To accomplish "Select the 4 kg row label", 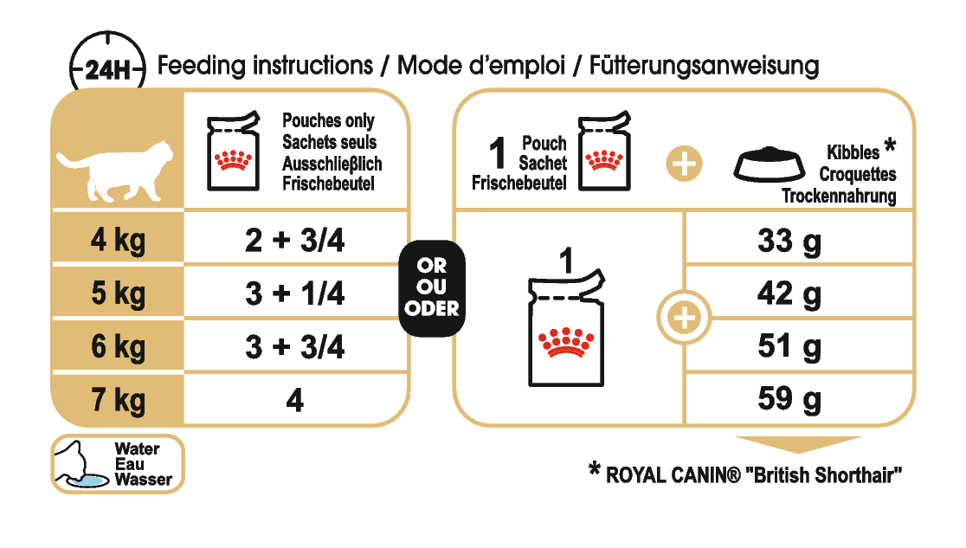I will (x=118, y=241).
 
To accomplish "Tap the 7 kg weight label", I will (x=118, y=401).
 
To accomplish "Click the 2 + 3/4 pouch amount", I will (x=295, y=241).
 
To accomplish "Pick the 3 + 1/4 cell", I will (x=295, y=293).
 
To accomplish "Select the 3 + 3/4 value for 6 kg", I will (x=295, y=347).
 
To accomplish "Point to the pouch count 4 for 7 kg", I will (x=295, y=402).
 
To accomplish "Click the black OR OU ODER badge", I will (x=431, y=288).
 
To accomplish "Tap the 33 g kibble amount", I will (x=789, y=241).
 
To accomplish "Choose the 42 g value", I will (x=789, y=293).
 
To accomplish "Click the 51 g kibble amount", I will (x=789, y=347).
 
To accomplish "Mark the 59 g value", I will (x=789, y=400).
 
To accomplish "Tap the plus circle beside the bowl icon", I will (x=684, y=164).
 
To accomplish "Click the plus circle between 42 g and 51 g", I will (x=684, y=319).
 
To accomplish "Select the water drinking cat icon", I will (x=80, y=465).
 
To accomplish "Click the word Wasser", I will (x=144, y=479).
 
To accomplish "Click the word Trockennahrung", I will (x=839, y=196).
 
